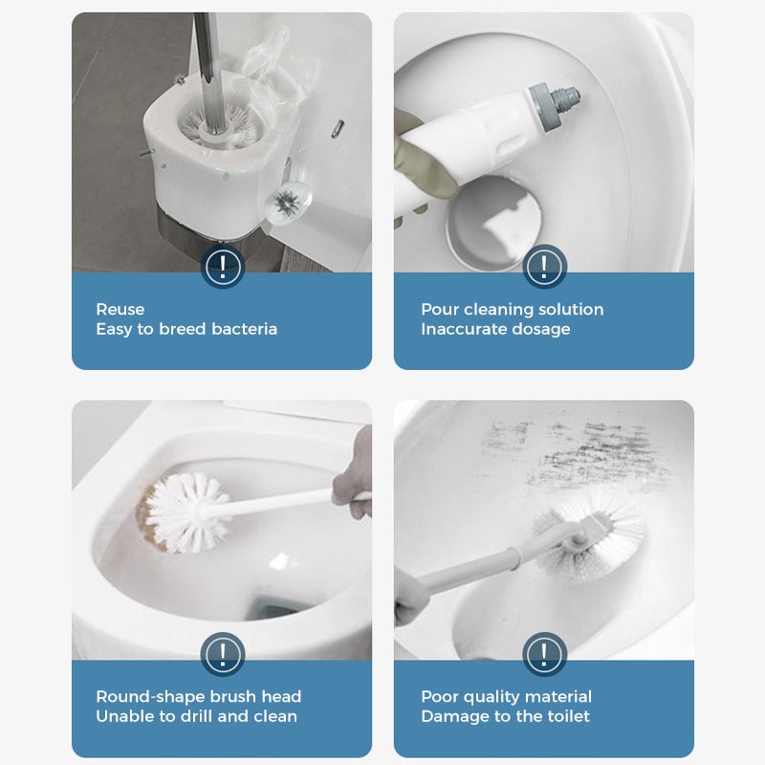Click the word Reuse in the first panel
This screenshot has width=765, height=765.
120,310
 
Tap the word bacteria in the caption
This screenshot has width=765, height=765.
245,329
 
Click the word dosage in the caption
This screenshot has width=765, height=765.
538,329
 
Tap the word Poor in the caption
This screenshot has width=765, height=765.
439,696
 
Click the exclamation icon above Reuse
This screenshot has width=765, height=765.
222,265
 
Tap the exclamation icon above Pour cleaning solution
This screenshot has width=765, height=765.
543,265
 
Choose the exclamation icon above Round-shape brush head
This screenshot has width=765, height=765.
222,655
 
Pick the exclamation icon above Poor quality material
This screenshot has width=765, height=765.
543,655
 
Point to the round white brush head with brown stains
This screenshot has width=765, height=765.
186,512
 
